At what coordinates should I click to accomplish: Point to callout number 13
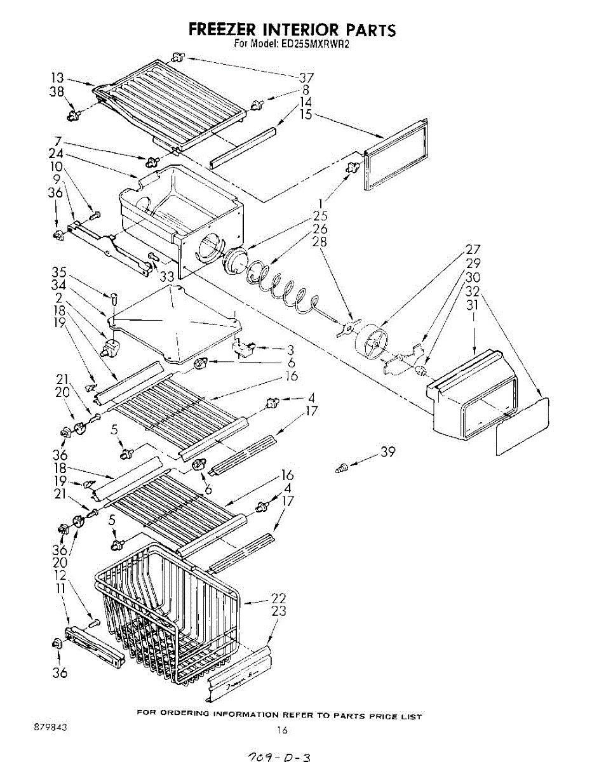pos(57,78)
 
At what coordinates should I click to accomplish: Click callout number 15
pos(306,114)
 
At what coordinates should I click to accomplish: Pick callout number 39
pos(387,452)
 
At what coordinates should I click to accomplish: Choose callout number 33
pos(166,277)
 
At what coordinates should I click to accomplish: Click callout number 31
pos(473,305)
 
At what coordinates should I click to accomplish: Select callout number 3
pos(290,350)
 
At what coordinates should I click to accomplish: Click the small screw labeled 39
pos(342,468)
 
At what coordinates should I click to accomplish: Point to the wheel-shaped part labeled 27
pos(372,341)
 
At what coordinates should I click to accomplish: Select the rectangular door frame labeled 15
pos(396,154)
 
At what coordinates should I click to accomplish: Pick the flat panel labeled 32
pos(523,427)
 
